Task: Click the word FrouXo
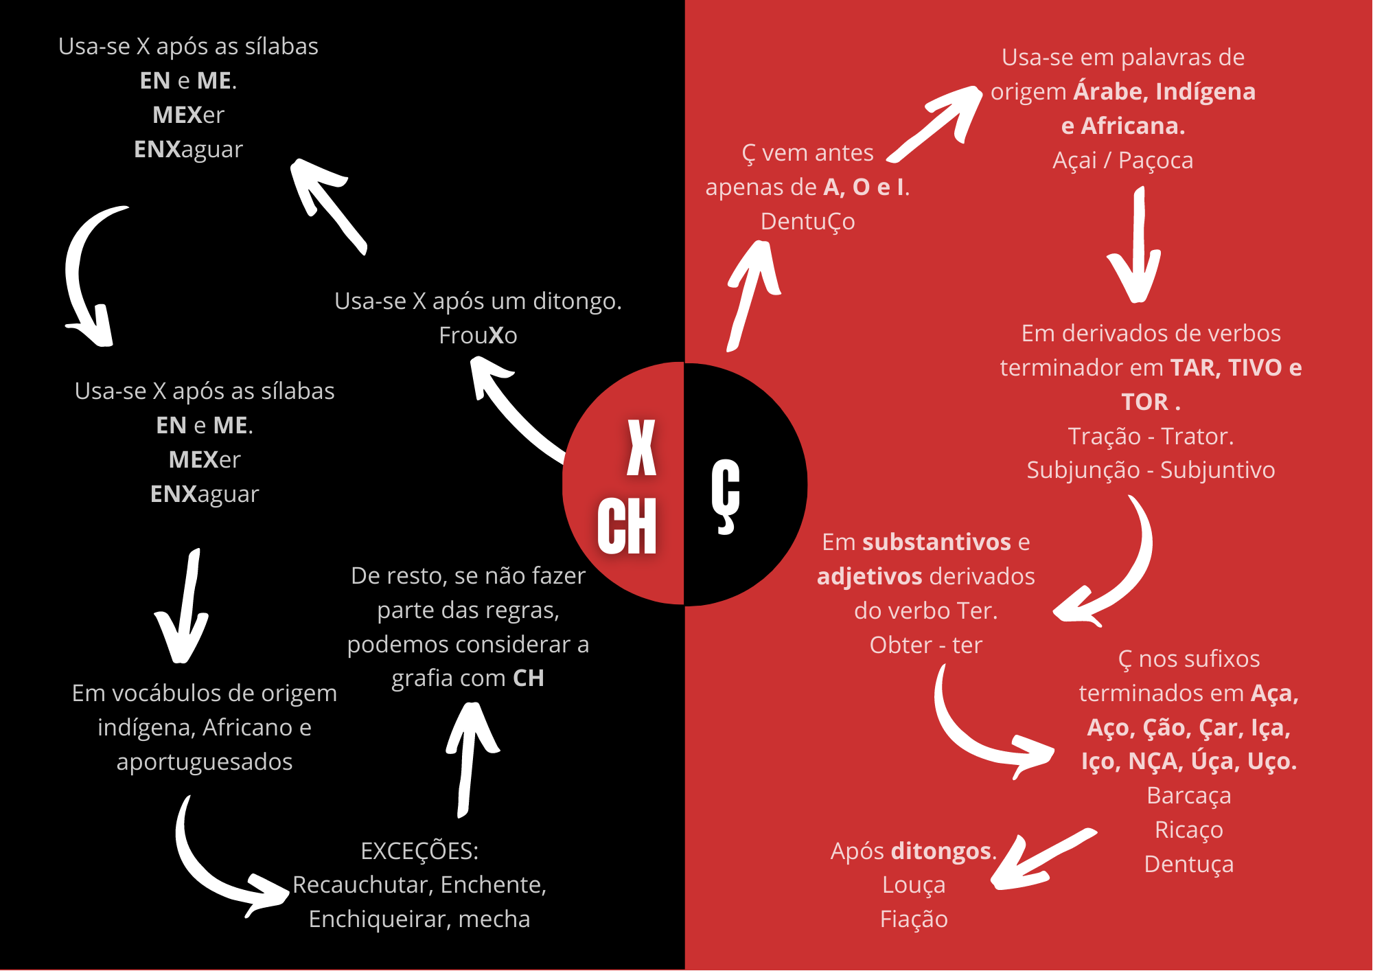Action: click(478, 335)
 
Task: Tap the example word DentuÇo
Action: click(807, 221)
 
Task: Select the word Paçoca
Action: click(1155, 161)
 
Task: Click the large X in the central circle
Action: click(641, 448)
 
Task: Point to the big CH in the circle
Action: click(627, 526)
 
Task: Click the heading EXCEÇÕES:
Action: click(419, 851)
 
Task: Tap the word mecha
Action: click(494, 919)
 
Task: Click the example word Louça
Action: click(914, 885)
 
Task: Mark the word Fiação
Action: click(914, 919)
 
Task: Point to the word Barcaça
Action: click(1189, 796)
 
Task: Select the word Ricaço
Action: click(1189, 830)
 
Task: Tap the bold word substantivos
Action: click(936, 542)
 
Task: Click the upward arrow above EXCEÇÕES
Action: click(471, 755)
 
